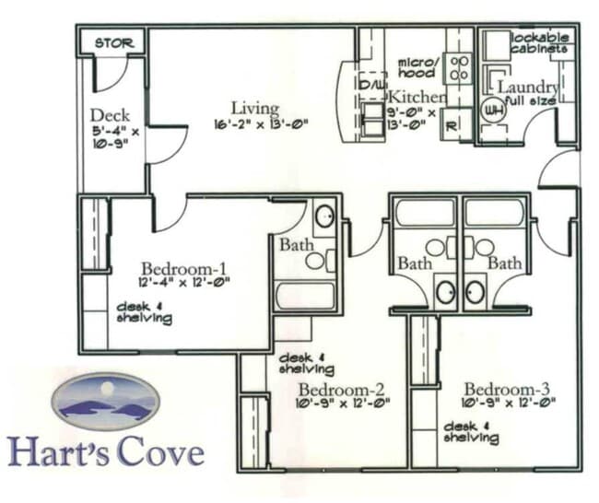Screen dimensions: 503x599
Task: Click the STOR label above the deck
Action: click(114, 42)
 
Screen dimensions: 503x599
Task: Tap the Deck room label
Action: click(110, 116)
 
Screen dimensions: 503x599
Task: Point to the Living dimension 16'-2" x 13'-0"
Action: click(261, 123)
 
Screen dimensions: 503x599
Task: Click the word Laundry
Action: click(528, 87)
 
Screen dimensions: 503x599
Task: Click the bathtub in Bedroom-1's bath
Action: click(306, 297)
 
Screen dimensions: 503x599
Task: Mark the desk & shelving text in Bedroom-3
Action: click(471, 433)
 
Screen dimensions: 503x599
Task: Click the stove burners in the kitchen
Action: click(458, 67)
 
